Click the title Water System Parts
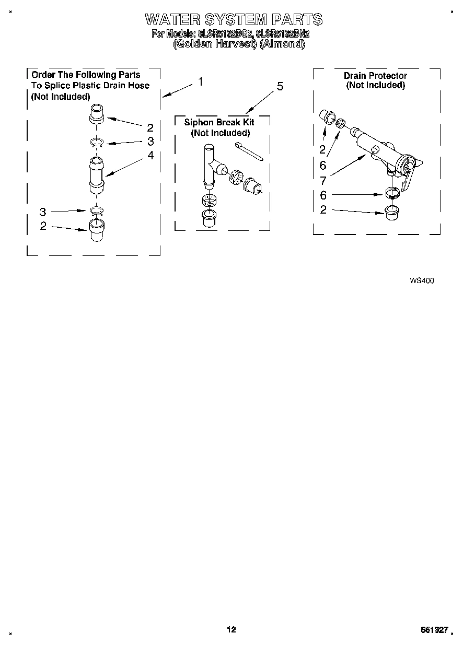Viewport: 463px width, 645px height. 233,20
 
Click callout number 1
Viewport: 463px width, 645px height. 200,81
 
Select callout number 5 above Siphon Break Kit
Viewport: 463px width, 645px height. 280,87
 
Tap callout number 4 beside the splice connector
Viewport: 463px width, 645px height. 151,155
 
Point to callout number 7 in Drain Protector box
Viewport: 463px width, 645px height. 323,181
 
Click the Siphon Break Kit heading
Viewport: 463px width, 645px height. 219,122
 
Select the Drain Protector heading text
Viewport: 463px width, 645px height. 375,76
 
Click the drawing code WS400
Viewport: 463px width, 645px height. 422,280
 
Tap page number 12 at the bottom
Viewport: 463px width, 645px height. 231,630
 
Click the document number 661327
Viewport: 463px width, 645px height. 434,630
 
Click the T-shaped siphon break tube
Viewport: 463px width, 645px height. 211,167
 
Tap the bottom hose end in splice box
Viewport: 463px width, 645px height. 97,229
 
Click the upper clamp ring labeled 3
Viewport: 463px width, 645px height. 97,142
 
